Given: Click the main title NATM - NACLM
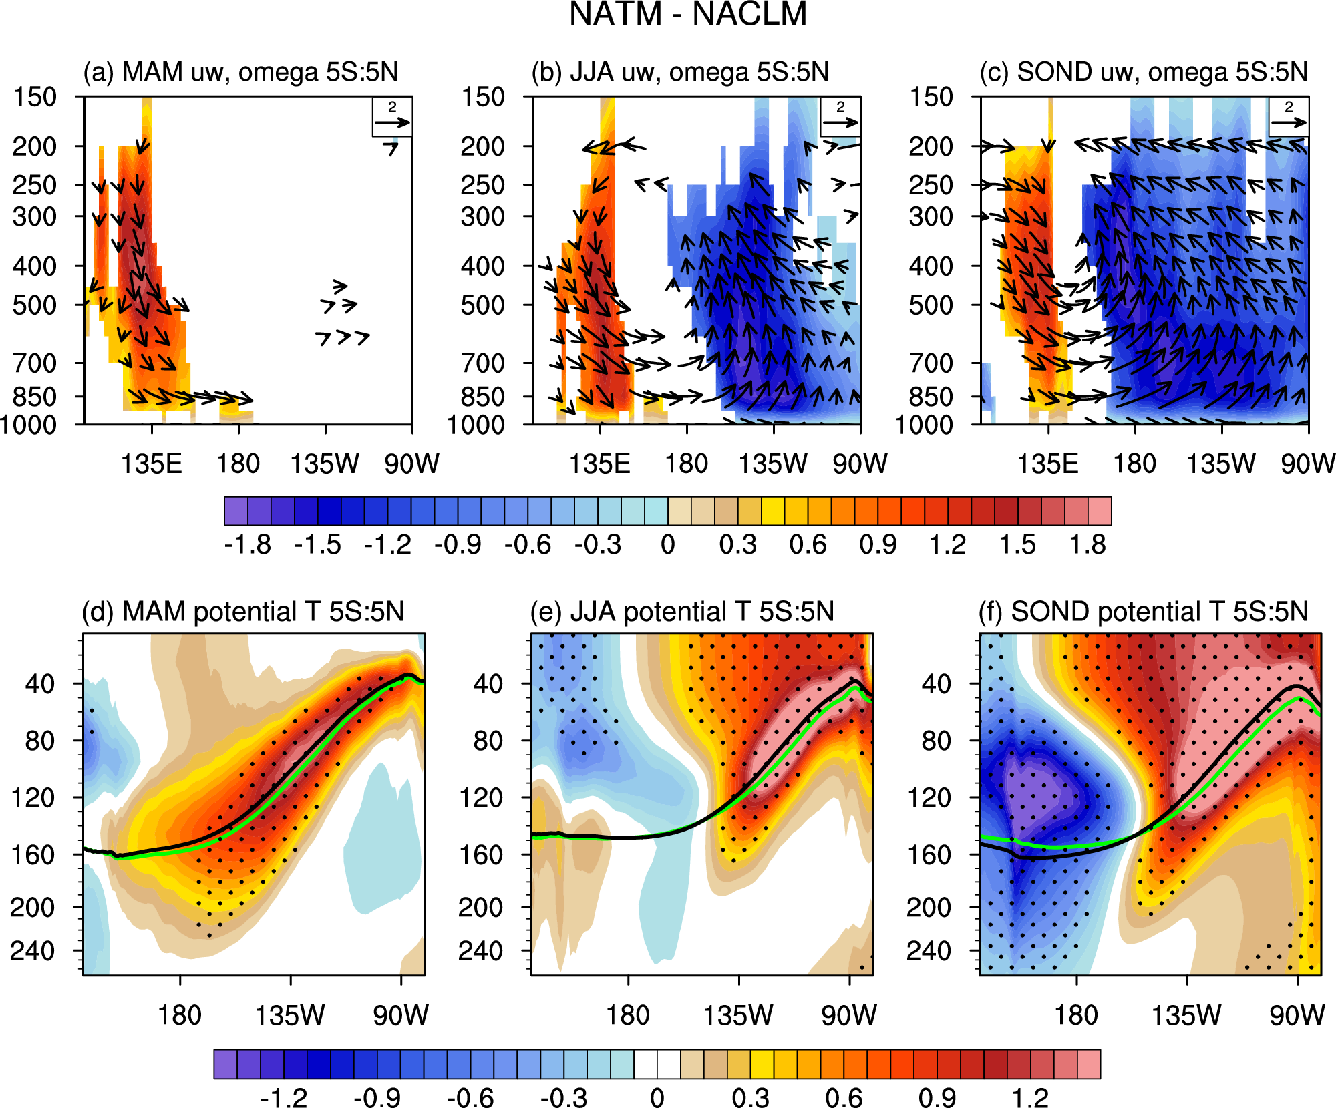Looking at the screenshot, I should coord(688,15).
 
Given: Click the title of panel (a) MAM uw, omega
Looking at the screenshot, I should coord(240,72).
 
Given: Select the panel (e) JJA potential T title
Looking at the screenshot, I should coord(682,612).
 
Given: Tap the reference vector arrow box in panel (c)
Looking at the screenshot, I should coord(1289,117).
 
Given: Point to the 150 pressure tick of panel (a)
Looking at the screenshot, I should coord(35,98).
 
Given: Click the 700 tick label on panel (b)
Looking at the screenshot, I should coord(483,363).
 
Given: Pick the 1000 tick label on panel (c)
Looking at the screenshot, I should coord(923,425).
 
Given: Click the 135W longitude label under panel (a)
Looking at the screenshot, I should coord(325,464).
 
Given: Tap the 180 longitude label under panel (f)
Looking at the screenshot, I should coord(1075,1016).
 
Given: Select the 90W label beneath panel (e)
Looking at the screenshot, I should coord(848,1016).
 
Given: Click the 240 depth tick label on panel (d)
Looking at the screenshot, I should coord(32,950).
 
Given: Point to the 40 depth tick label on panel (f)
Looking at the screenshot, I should coord(937,683).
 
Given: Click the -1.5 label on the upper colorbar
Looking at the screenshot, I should coord(317,545).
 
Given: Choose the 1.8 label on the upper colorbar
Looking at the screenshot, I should coord(1088,545).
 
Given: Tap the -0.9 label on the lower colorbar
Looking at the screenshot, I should coord(377,1098).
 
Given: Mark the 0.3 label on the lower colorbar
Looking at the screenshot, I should coord(751,1098).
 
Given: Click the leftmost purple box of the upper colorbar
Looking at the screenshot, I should coord(236,511).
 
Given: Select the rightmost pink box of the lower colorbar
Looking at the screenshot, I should coord(1089,1064).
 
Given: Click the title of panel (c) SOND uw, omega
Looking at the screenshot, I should coord(1143,72).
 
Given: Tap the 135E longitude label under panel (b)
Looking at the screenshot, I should coord(599,464).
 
